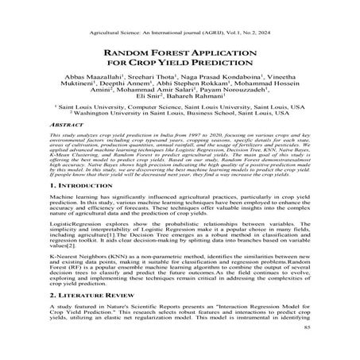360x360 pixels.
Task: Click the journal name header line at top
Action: [180, 13]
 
